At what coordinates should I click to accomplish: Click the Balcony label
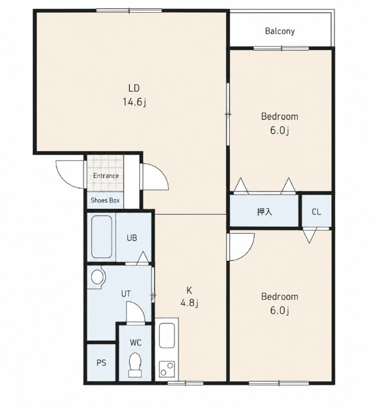[x=280, y=31]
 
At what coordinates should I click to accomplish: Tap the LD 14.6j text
[x=134, y=95]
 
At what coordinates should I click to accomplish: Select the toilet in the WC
[x=135, y=365]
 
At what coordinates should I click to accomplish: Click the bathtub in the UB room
[x=101, y=236]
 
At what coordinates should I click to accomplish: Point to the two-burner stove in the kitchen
[x=167, y=369]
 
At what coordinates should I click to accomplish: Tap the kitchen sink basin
[x=167, y=336]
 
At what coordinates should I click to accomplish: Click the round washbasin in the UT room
[x=98, y=277]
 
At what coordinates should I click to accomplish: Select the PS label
[x=101, y=363]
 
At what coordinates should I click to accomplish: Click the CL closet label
[x=317, y=211]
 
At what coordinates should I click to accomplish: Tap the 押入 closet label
[x=265, y=211]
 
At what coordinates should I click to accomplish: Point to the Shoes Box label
[x=105, y=201]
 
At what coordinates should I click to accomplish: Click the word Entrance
[x=106, y=176]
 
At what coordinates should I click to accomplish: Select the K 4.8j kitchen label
[x=189, y=297]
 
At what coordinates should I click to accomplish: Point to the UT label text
[x=126, y=294]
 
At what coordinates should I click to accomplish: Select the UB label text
[x=132, y=238]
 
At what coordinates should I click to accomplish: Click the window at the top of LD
[x=129, y=10]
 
